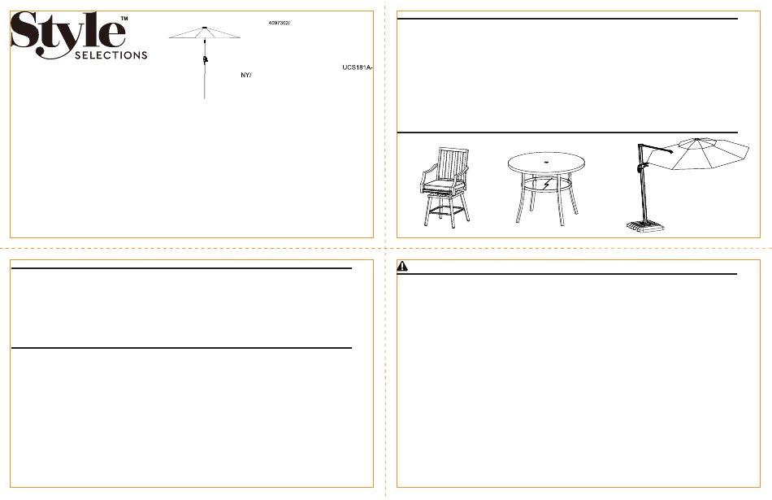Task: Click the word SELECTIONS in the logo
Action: (x=111, y=54)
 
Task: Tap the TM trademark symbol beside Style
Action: (x=124, y=18)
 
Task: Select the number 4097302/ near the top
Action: (x=280, y=23)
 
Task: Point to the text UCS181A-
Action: (x=357, y=67)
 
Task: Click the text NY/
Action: (x=246, y=76)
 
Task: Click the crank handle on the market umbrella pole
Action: (x=206, y=59)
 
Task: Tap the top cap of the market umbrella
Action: (x=204, y=27)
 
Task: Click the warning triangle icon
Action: (x=402, y=266)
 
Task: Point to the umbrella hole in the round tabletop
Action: (x=546, y=162)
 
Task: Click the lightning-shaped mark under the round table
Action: (x=546, y=185)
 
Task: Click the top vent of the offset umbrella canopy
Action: (x=698, y=142)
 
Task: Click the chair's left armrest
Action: (x=427, y=171)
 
